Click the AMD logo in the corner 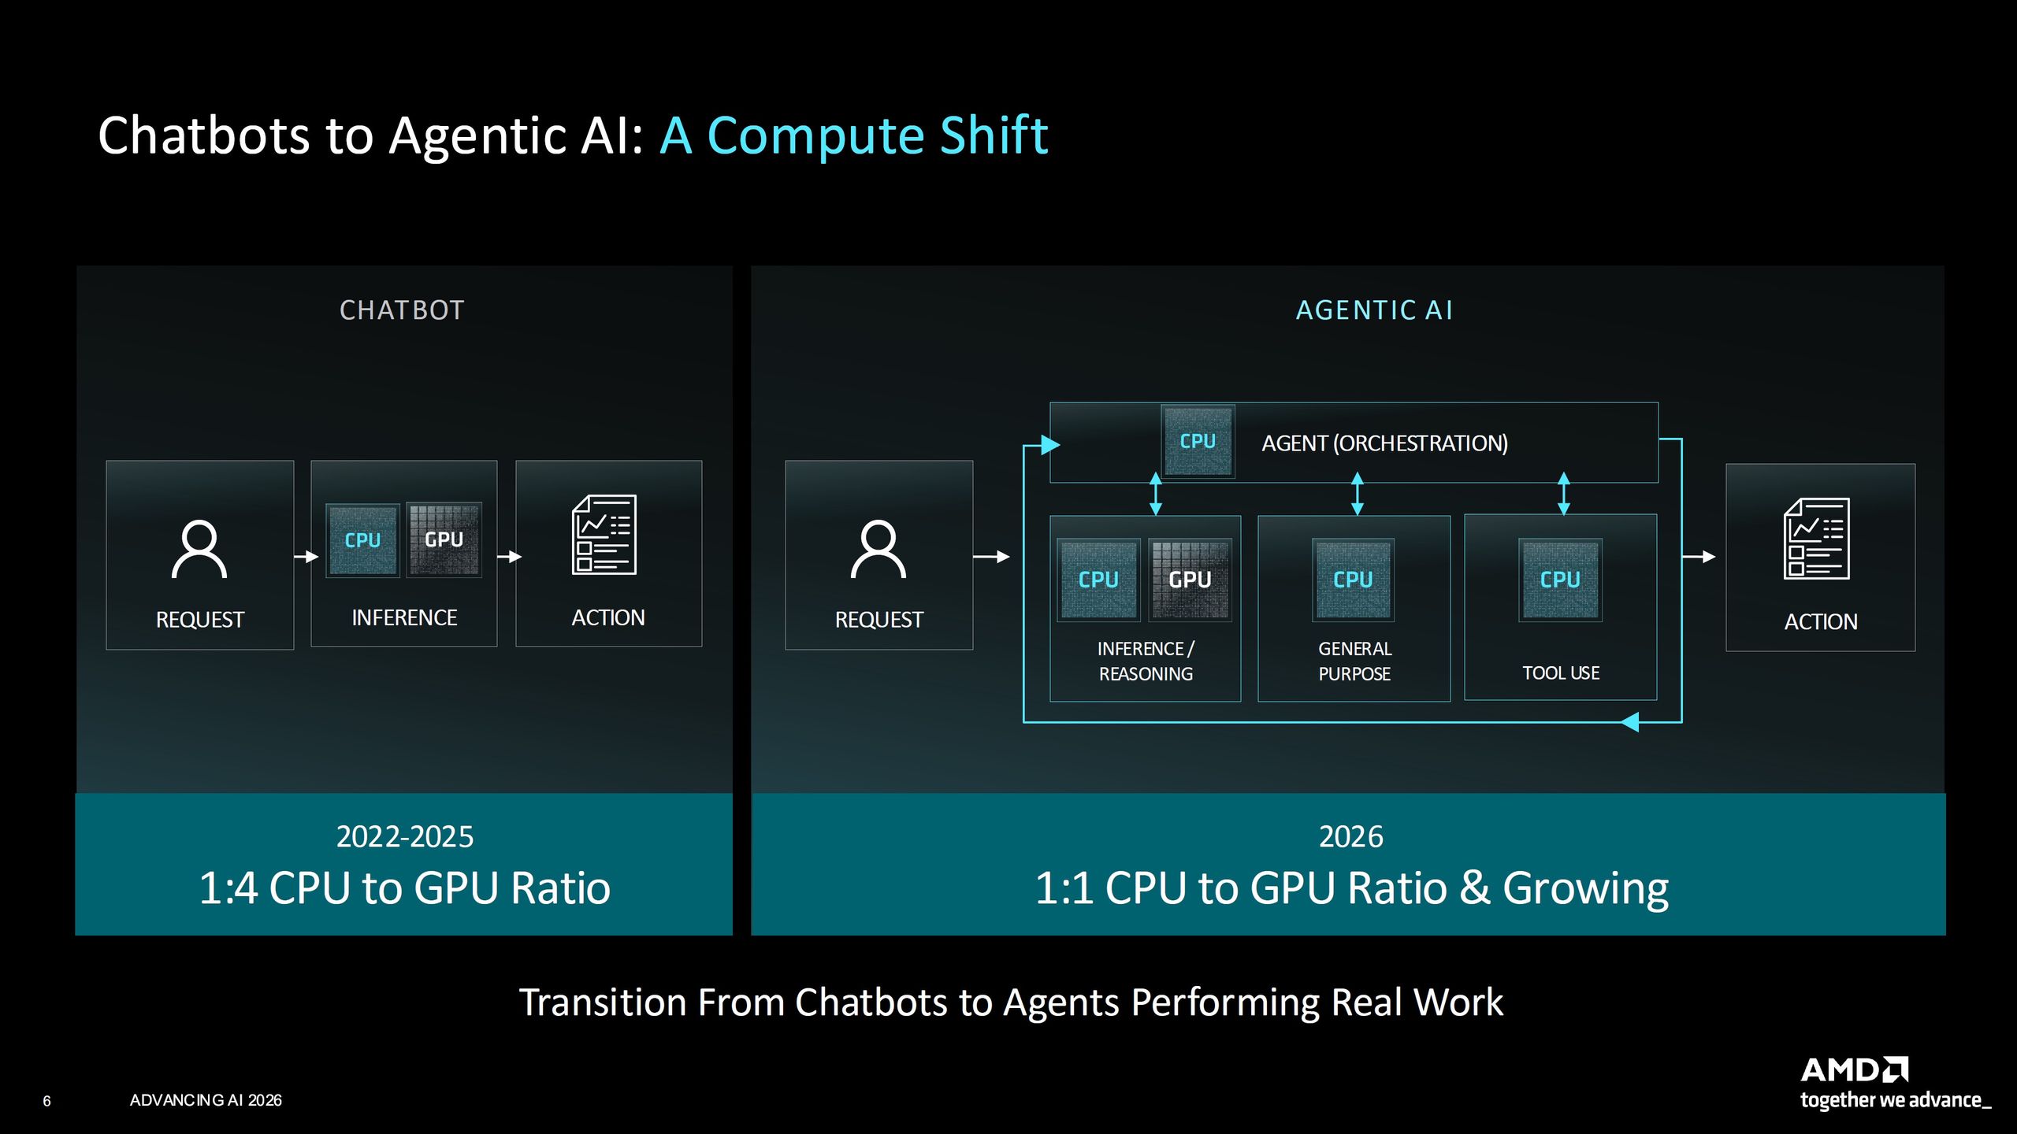click(1854, 1069)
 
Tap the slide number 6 click(46, 1101)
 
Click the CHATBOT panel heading click(402, 310)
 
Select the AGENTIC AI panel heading click(1374, 310)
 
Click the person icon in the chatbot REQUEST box click(199, 549)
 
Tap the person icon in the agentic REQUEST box click(878, 549)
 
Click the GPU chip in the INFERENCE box click(444, 540)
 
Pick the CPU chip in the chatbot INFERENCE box click(362, 540)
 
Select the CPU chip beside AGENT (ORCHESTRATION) click(1198, 441)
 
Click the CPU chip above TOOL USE click(1560, 580)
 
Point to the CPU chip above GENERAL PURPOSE click(1353, 580)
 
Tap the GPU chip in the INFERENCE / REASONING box click(1190, 580)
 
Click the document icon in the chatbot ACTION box click(604, 535)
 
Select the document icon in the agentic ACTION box click(1817, 539)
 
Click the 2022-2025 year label click(405, 836)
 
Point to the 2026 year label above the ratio click(1350, 836)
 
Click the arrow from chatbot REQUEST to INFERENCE click(306, 557)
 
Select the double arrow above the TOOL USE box click(1564, 494)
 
